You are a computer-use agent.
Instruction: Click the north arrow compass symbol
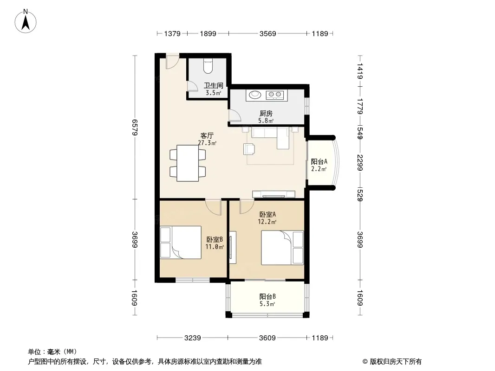tap(26, 21)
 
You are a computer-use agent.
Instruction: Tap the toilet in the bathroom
tap(208, 66)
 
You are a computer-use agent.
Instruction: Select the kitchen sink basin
tap(254, 94)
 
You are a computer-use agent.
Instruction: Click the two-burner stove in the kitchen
tap(274, 95)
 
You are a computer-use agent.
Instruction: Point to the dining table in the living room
tap(188, 163)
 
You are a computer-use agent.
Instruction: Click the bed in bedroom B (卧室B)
tap(181, 242)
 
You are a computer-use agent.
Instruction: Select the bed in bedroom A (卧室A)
tap(282, 248)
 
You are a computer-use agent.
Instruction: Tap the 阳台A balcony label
tap(319, 162)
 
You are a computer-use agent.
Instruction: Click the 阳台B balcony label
tap(268, 297)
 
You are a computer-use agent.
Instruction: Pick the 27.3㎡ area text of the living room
tap(207, 143)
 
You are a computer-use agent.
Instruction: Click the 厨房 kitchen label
tap(266, 113)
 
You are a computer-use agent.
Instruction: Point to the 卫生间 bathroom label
tap(214, 85)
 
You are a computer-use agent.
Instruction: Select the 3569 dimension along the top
tap(268, 33)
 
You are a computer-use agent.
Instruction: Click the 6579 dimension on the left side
tap(135, 128)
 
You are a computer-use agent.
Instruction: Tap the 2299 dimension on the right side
tap(360, 163)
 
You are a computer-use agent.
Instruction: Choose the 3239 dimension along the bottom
tap(193, 338)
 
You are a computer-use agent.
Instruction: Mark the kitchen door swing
tap(234, 115)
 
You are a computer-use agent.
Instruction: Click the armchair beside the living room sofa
tap(249, 149)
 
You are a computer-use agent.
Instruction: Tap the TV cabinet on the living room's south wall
tap(274, 194)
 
